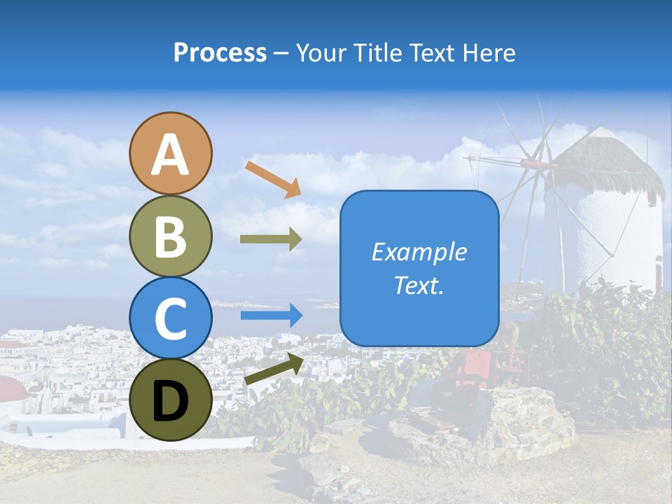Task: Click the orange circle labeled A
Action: [x=170, y=153]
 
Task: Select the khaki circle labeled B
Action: [x=170, y=236]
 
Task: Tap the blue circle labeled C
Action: [x=170, y=318]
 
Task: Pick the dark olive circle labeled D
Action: [x=170, y=400]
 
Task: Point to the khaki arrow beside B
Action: [x=271, y=239]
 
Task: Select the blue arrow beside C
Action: [x=271, y=316]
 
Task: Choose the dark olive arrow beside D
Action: [x=274, y=369]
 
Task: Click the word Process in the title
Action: [x=220, y=52]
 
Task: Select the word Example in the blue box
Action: [x=419, y=252]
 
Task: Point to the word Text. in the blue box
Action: [x=419, y=285]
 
